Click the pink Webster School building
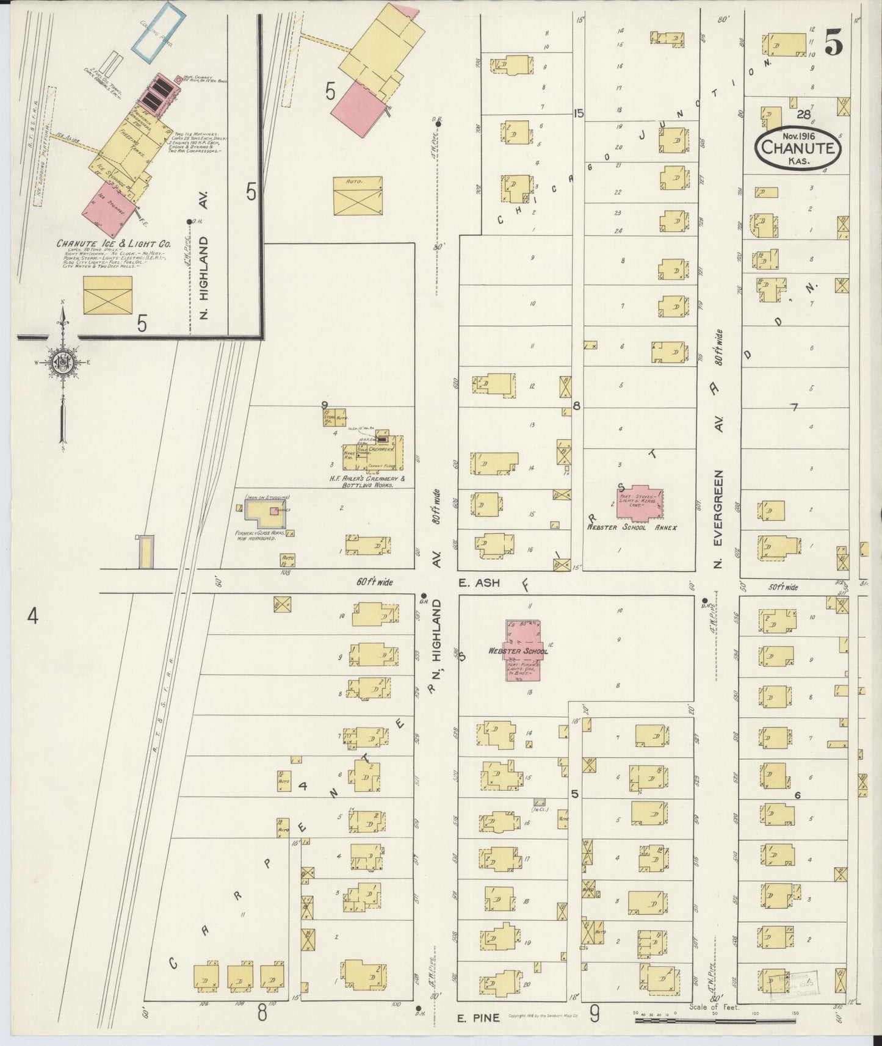point(522,651)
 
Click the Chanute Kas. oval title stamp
point(798,148)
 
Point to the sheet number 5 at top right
point(834,43)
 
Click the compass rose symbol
point(62,362)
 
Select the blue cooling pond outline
point(159,32)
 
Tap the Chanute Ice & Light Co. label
point(114,243)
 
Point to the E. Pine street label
point(479,1017)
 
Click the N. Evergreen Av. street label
point(718,519)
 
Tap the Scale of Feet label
point(714,1007)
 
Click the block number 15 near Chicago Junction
point(578,113)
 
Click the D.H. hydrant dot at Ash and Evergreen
point(704,599)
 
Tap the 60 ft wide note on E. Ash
point(375,582)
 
